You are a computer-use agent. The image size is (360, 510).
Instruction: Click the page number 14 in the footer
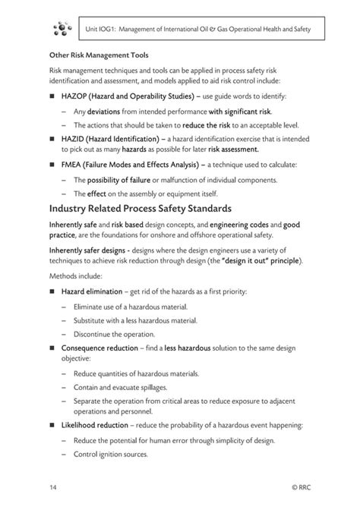pos(53,486)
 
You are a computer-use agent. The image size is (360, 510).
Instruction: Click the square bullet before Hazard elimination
pos(53,292)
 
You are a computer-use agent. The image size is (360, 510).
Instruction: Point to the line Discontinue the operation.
pos(114,334)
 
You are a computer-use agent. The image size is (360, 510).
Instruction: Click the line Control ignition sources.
pos(110,455)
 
